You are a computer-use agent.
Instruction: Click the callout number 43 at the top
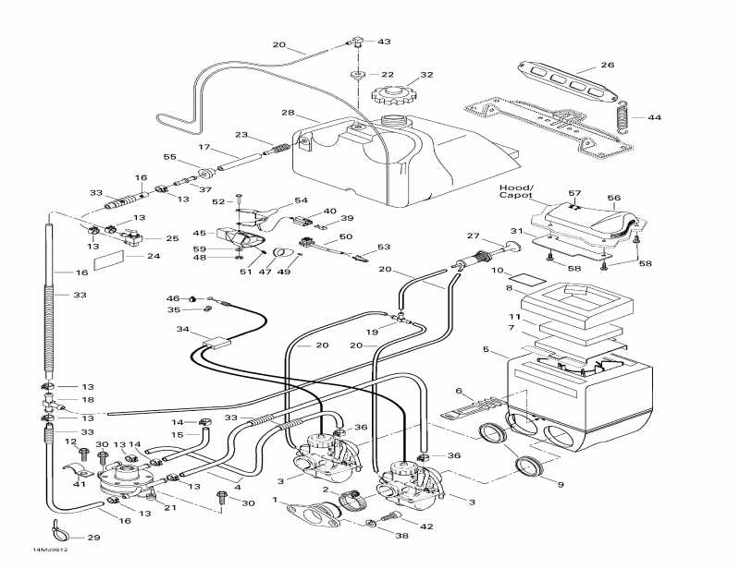click(x=384, y=42)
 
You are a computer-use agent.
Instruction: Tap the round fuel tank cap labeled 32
click(x=390, y=93)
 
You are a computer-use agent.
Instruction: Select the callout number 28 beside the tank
click(x=288, y=113)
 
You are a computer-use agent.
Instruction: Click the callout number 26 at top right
click(x=607, y=66)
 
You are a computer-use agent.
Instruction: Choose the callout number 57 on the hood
click(x=573, y=194)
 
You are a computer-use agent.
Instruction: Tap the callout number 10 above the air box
click(x=497, y=271)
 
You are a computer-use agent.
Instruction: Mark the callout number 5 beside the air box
click(x=485, y=350)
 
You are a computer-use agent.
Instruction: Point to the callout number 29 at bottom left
click(x=92, y=538)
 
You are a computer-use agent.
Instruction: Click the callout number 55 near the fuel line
click(x=169, y=157)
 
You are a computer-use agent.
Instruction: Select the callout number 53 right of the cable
click(x=384, y=247)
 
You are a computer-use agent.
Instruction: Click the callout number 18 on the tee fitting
click(x=88, y=401)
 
